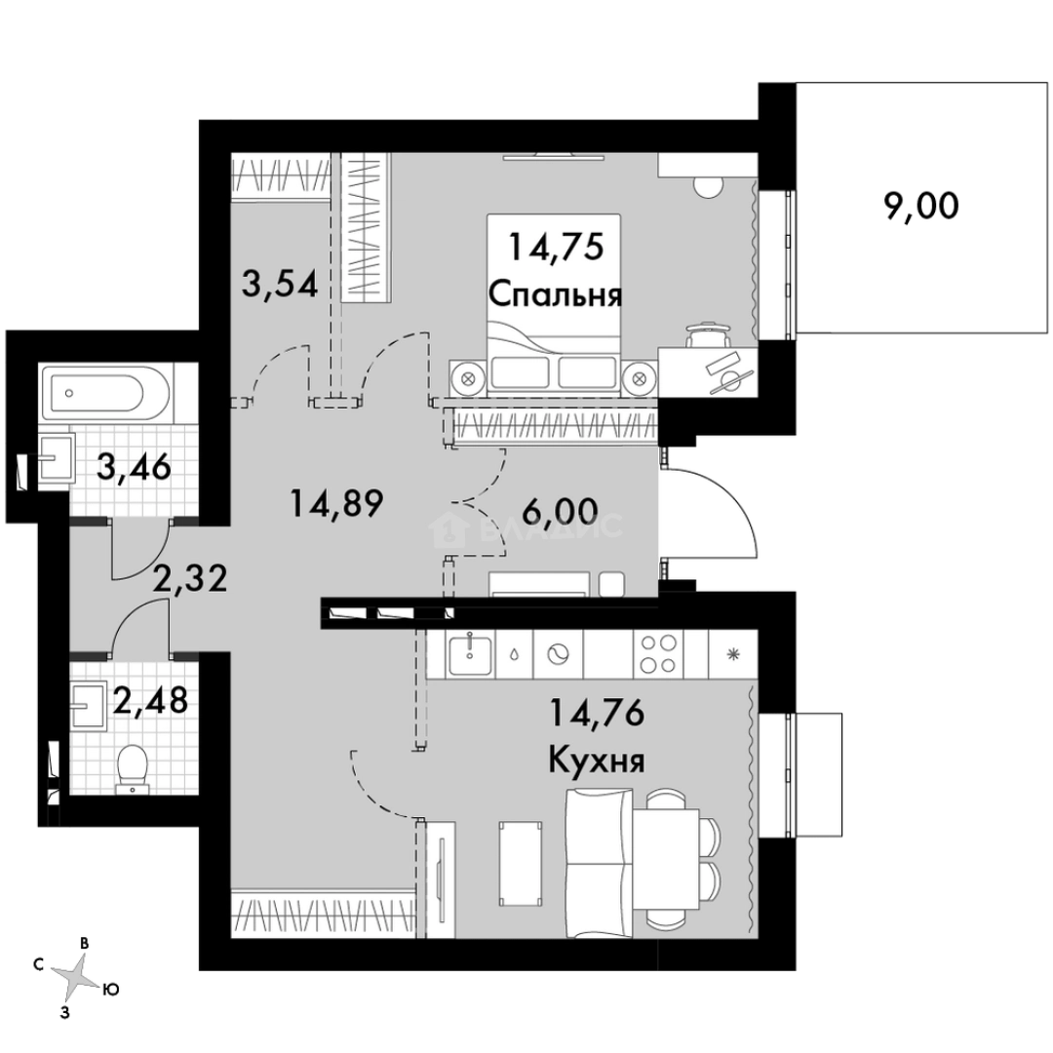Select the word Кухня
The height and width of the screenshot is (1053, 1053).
click(596, 760)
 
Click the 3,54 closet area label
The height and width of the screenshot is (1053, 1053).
click(280, 288)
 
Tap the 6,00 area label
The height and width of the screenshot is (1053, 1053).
click(560, 514)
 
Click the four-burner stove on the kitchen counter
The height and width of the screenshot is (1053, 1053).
click(657, 654)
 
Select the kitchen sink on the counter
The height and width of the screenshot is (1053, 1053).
click(470, 653)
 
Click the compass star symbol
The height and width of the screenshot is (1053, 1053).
click(75, 974)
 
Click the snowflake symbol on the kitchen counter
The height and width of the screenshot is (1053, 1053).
click(732, 654)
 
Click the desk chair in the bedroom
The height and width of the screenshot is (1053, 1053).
click(705, 337)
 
